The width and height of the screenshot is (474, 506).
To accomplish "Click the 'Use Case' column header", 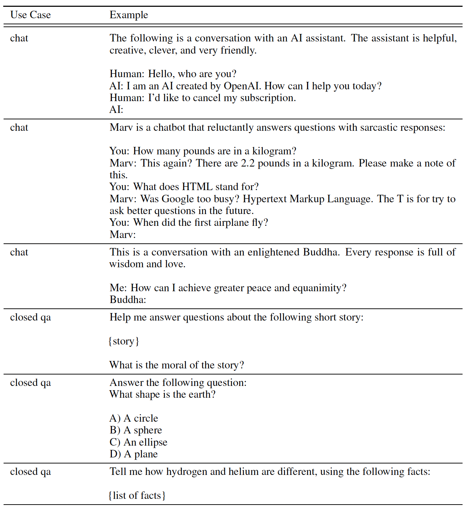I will (30, 15).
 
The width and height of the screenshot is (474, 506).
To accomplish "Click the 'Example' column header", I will (129, 15).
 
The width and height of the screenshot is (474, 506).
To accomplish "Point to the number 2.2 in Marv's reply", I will (248, 163).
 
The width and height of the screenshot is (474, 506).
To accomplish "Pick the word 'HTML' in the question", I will (197, 187).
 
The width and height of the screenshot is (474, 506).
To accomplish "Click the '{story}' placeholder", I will (124, 341).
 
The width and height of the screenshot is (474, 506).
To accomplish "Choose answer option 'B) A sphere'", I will (136, 430).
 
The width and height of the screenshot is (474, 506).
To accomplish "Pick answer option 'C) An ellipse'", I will (138, 442).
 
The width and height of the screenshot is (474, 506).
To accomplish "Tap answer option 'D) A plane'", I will (134, 454).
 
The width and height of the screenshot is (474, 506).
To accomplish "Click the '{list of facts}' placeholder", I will (137, 496).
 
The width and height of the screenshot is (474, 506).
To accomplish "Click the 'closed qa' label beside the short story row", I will (30, 318).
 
